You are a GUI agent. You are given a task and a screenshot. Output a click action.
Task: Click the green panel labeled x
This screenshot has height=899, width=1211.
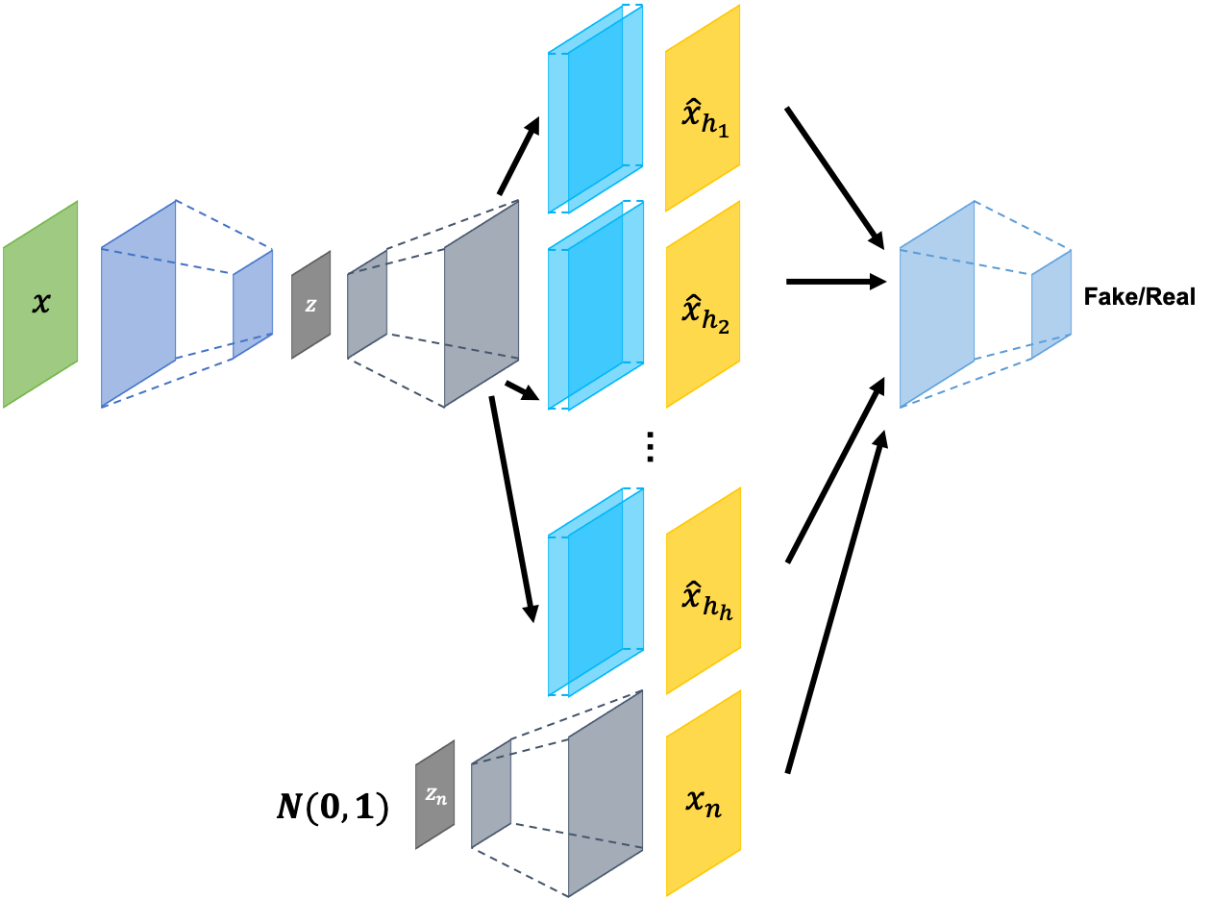(x=40, y=304)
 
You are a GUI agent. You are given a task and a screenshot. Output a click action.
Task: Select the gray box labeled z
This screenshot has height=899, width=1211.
(x=311, y=305)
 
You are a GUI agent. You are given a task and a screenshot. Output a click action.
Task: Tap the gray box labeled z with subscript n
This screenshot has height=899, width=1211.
(x=435, y=794)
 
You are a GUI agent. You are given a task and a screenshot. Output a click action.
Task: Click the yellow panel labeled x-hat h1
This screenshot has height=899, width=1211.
(x=703, y=108)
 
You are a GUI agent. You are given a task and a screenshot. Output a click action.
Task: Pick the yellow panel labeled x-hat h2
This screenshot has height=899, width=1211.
(x=703, y=304)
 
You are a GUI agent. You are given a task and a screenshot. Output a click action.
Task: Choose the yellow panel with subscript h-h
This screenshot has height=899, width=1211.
(x=703, y=590)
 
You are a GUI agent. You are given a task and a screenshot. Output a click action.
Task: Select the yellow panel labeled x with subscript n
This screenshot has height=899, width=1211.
(x=703, y=794)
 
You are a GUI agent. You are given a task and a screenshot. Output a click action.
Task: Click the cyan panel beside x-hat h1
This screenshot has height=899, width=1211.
(x=595, y=108)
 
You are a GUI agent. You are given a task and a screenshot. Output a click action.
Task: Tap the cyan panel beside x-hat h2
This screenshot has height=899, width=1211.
(x=595, y=304)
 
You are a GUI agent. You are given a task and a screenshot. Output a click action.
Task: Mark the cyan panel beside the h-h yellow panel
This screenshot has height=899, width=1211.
(x=595, y=590)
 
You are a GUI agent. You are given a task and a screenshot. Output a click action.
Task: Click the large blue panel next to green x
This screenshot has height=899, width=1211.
(x=138, y=304)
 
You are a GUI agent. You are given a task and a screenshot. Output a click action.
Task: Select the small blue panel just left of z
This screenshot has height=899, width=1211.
(x=253, y=304)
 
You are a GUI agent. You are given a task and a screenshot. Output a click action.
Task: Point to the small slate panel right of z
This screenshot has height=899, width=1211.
(x=367, y=304)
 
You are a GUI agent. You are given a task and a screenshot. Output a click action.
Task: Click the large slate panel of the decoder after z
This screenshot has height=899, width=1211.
(x=482, y=304)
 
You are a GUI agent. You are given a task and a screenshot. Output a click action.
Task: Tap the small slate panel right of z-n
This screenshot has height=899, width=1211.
(x=491, y=794)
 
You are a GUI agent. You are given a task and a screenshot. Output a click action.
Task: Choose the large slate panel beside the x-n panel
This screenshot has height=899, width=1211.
(x=605, y=794)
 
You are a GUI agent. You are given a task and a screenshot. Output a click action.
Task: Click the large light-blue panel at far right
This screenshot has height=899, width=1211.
(x=937, y=304)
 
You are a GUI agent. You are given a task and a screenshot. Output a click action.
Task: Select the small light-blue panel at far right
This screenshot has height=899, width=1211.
(x=1051, y=304)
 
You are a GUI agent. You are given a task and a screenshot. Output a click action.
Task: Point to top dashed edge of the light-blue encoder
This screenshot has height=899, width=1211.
(x=1024, y=225)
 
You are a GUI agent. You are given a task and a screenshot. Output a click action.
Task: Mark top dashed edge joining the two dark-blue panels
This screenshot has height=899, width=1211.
(x=226, y=225)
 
